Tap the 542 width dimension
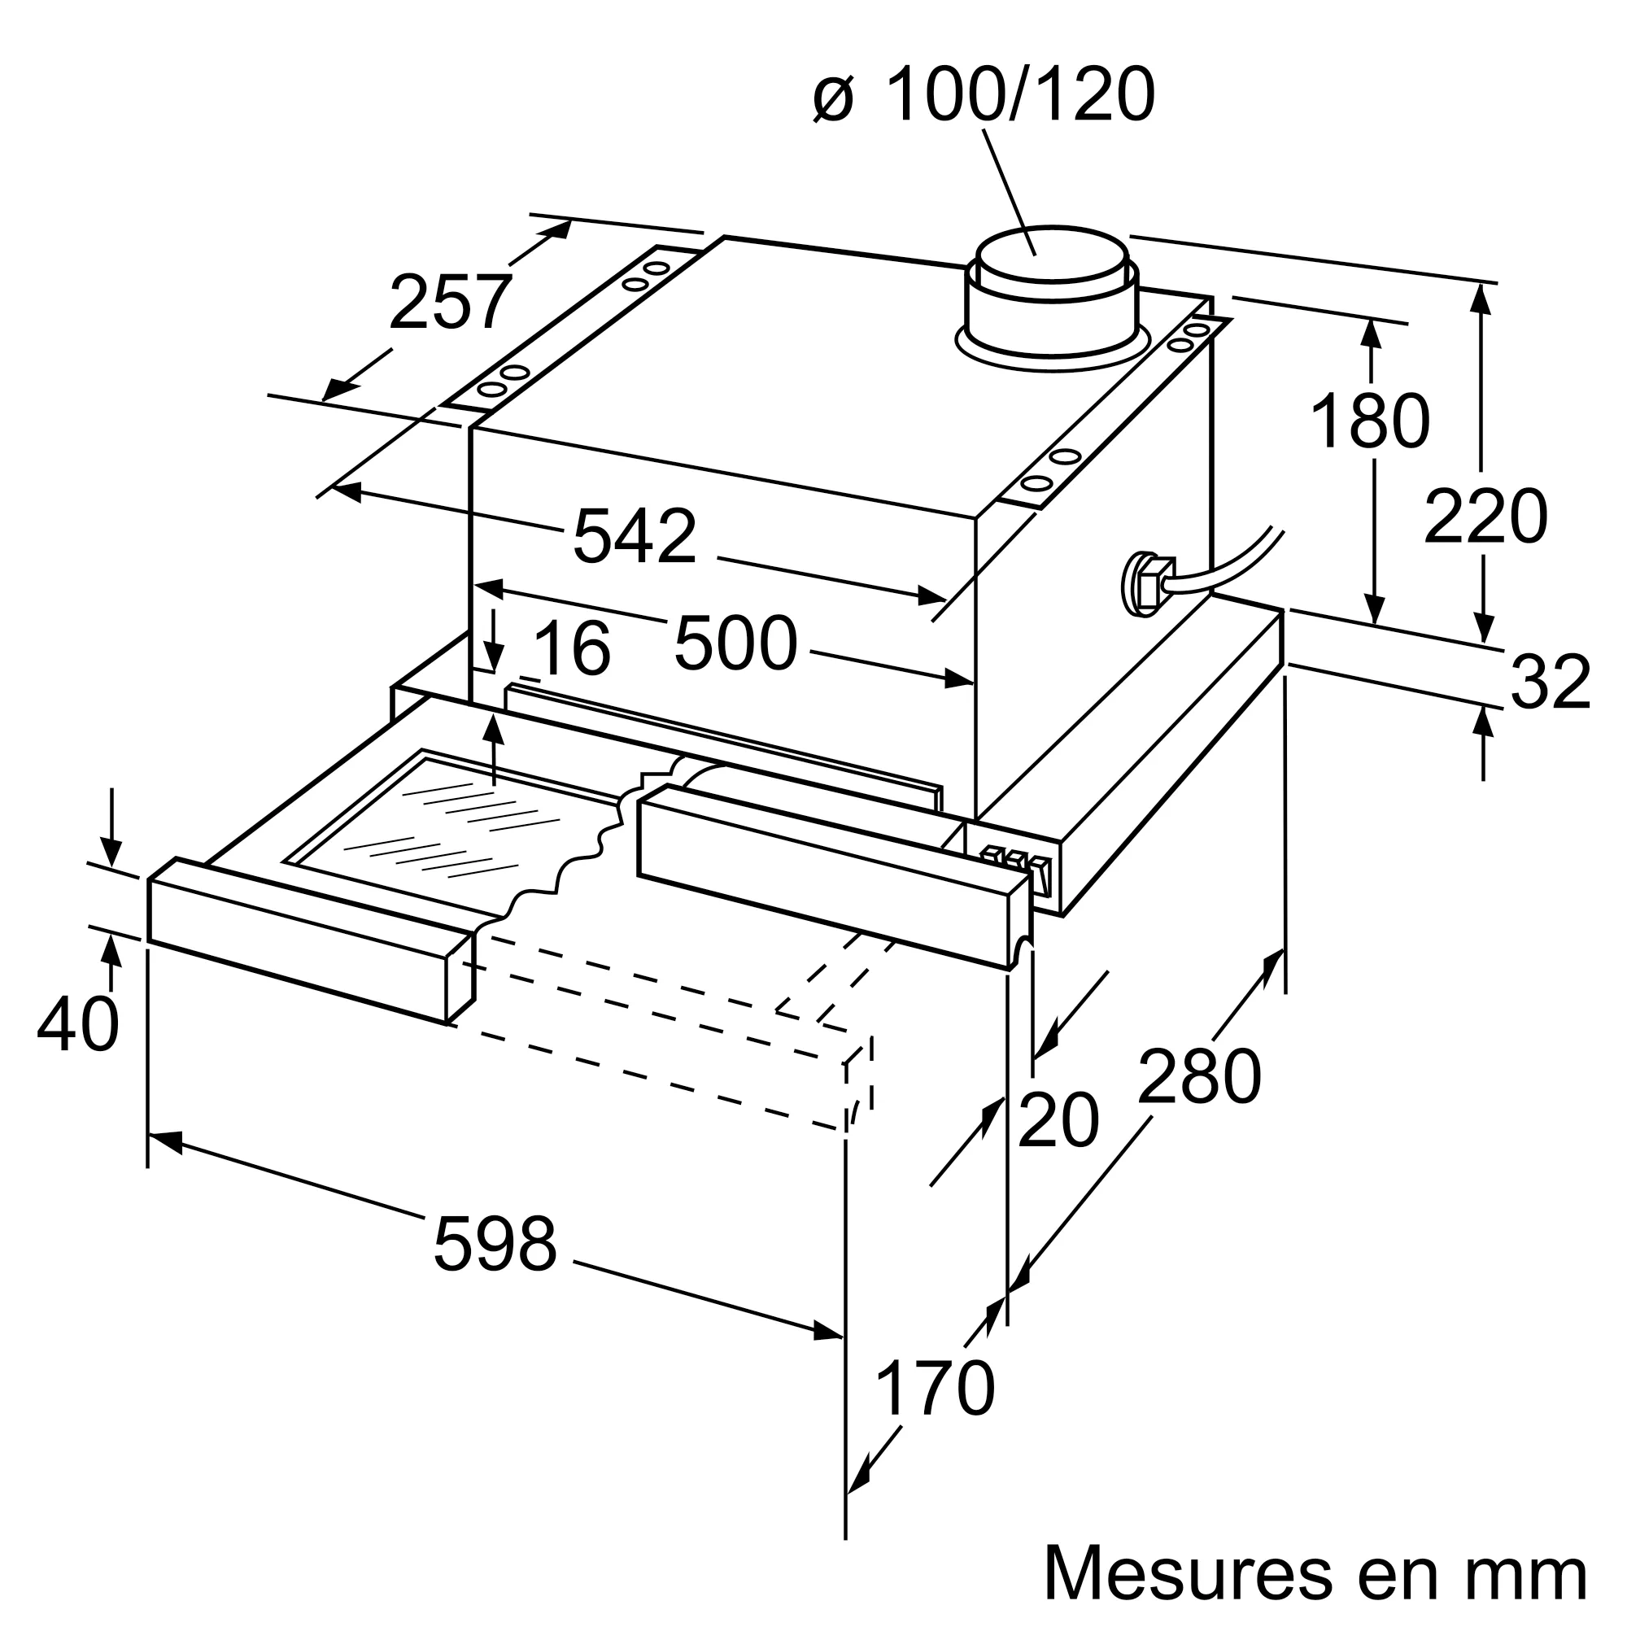pos(635,536)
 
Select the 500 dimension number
pos(735,644)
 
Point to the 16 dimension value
pos(572,649)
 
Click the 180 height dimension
pos(1371,421)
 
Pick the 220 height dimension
pos(1485,517)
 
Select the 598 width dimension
pos(495,1245)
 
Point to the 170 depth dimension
pos(935,1388)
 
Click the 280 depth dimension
pos(1199,1077)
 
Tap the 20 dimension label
pos(1058,1121)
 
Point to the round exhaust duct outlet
pos(1053,294)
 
